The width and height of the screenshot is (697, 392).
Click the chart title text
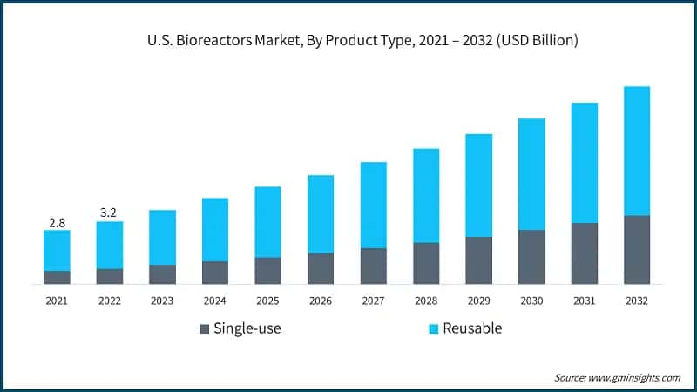coord(348,40)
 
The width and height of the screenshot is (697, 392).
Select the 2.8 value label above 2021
coord(57,221)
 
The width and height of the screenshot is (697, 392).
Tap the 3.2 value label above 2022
coord(109,212)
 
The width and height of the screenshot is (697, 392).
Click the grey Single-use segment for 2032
coord(637,249)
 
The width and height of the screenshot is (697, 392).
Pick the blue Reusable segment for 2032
coord(637,151)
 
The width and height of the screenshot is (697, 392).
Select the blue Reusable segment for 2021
coord(57,251)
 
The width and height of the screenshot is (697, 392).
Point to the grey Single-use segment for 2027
coord(373,266)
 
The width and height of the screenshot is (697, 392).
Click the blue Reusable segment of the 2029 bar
coord(478,186)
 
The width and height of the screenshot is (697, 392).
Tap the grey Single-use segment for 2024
coord(215,273)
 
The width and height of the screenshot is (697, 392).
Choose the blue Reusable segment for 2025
coord(267,222)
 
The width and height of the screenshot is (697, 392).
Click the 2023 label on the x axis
coord(162,300)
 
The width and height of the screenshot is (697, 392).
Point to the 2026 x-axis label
coord(321,300)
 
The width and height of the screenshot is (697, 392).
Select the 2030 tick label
coord(531,300)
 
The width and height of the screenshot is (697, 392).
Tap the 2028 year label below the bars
coord(426,300)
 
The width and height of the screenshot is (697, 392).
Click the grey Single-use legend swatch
coord(205,328)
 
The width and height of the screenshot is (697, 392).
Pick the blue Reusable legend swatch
coord(431,328)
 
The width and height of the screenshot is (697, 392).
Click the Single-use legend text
coord(248,328)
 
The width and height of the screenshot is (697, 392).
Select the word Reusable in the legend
coord(472,328)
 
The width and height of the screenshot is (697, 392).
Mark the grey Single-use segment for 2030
coord(531,257)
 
